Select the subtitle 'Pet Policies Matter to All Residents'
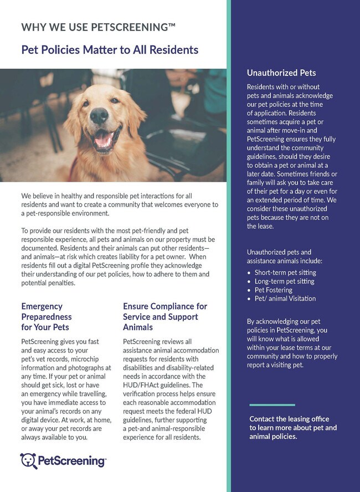(x=110, y=50)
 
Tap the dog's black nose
(x=100, y=115)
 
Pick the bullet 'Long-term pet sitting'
(x=284, y=281)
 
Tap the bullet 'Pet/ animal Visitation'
(x=285, y=299)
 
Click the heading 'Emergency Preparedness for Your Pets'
(x=47, y=317)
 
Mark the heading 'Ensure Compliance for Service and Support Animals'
(x=165, y=317)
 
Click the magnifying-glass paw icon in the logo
(x=28, y=461)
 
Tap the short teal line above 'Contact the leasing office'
(x=272, y=405)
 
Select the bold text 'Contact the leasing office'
(x=289, y=419)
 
